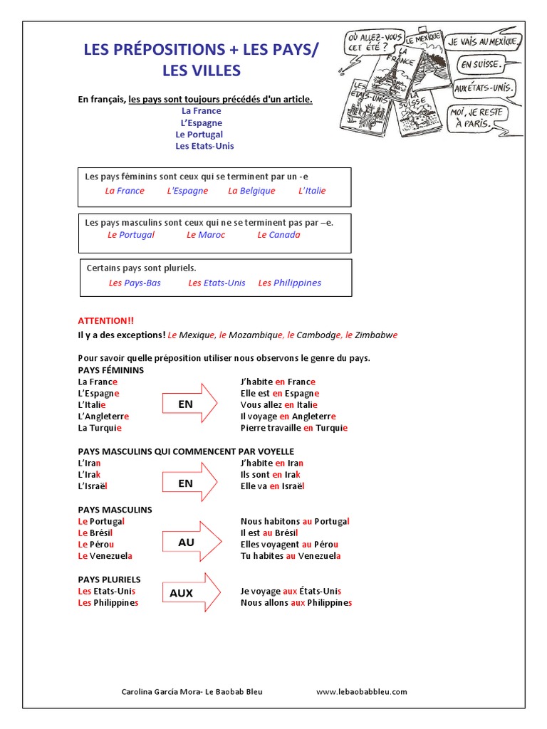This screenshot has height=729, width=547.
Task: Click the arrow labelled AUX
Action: click(192, 592)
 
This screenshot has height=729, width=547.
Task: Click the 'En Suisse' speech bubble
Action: click(481, 65)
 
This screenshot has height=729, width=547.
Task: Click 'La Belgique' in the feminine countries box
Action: click(251, 191)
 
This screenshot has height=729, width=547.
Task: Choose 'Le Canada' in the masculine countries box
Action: click(278, 235)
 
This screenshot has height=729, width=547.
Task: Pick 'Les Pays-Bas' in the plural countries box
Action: click(135, 283)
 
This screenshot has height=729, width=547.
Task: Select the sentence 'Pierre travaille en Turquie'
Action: click(294, 428)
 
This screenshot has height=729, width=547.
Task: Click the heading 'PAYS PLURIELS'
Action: click(109, 579)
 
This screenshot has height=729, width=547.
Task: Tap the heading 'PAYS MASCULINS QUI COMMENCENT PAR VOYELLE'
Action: click(185, 451)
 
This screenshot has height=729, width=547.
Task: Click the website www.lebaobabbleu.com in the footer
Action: click(361, 691)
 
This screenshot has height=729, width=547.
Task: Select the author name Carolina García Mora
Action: click(161, 691)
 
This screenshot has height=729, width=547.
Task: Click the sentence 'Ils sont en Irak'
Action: click(271, 474)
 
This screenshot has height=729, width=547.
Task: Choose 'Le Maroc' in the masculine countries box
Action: click(206, 235)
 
